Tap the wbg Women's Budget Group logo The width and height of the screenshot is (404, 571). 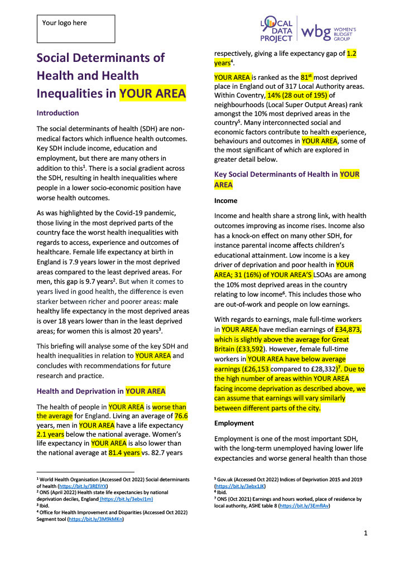(329, 31)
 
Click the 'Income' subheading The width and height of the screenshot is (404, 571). (226, 201)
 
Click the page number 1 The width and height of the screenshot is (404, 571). (365, 533)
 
